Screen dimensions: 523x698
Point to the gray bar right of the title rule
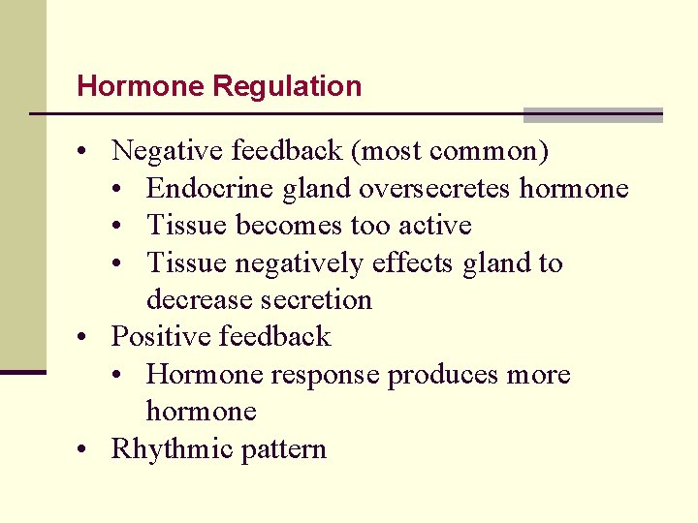coord(592,115)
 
